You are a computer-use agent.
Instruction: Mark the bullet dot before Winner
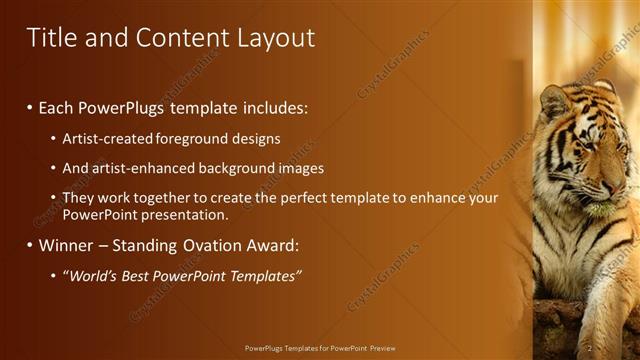pyautogui.click(x=30, y=245)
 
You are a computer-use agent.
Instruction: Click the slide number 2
pyautogui.click(x=590, y=347)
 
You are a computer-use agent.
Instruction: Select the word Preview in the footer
pyautogui.click(x=381, y=348)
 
